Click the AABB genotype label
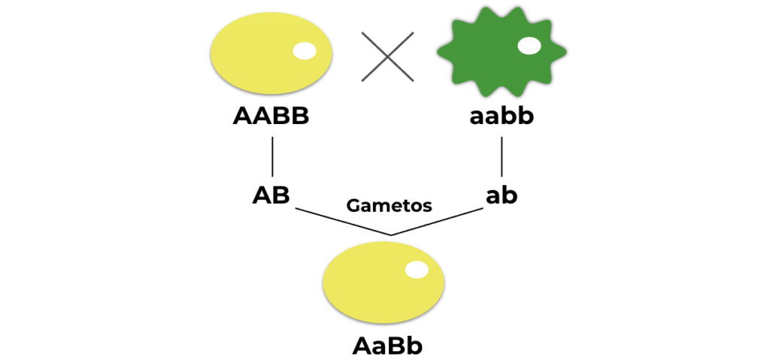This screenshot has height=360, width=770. pos(271,117)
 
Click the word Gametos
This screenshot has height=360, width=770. pos(389,205)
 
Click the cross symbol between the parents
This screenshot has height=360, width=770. pos(387,56)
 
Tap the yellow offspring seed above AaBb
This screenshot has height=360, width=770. pos(383,283)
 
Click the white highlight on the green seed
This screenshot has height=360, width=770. pos(529,46)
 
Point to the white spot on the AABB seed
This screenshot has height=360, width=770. pos(305,51)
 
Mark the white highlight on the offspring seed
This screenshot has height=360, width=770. pos(416,270)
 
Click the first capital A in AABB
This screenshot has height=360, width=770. pos(242,117)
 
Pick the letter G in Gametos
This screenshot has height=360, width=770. pos(353,205)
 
